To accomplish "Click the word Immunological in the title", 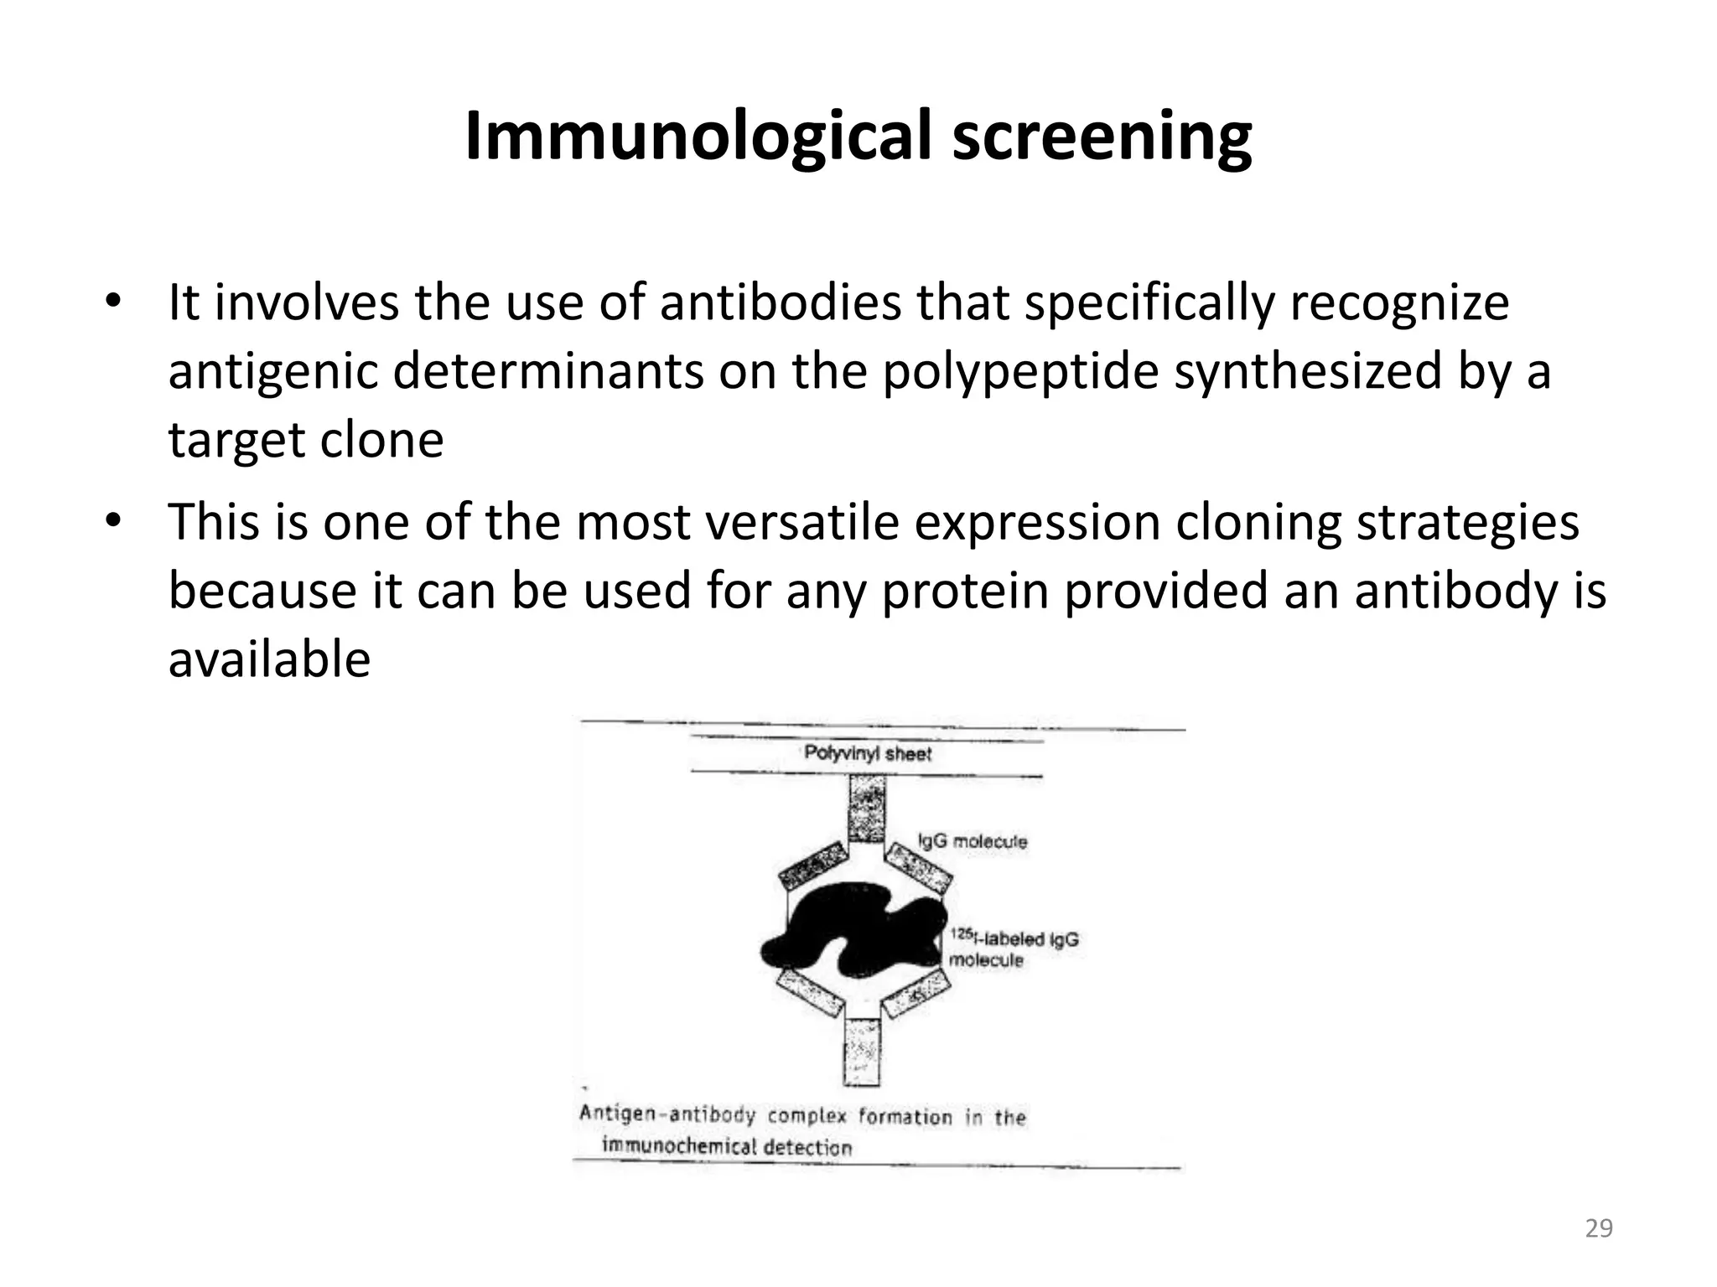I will point(698,136).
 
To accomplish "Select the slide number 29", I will point(1599,1228).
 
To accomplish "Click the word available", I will point(269,659).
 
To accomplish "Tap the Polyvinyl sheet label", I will point(868,753).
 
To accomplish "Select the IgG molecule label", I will point(973,841).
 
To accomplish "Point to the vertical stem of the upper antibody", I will point(867,809).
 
